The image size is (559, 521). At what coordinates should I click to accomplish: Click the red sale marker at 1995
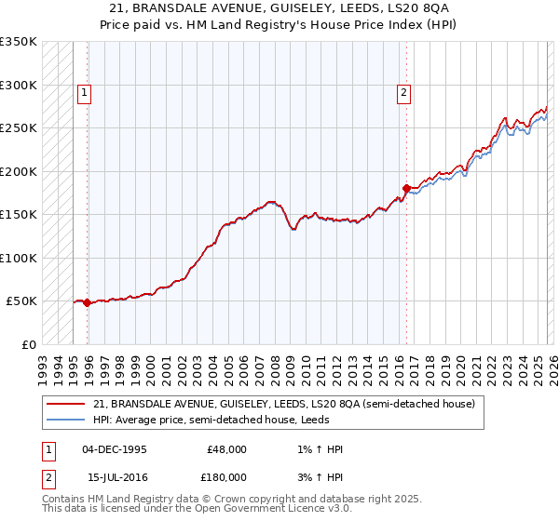coord(88,302)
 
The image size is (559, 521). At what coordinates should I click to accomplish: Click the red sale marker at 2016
coord(406,188)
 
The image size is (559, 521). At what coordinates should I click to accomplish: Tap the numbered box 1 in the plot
coord(84,92)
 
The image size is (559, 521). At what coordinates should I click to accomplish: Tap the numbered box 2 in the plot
coord(402,92)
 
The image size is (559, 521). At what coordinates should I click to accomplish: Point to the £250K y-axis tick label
coord(19,128)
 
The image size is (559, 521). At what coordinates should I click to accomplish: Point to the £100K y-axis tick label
coord(19,258)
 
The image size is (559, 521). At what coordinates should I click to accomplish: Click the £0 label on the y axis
coord(28,344)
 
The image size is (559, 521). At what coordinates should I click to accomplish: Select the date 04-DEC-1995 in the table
coord(114,449)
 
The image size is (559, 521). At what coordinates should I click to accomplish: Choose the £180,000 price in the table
coord(226,476)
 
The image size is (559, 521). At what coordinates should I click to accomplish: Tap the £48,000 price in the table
coord(226,449)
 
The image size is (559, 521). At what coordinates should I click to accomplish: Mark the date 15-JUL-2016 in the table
coord(114,476)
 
